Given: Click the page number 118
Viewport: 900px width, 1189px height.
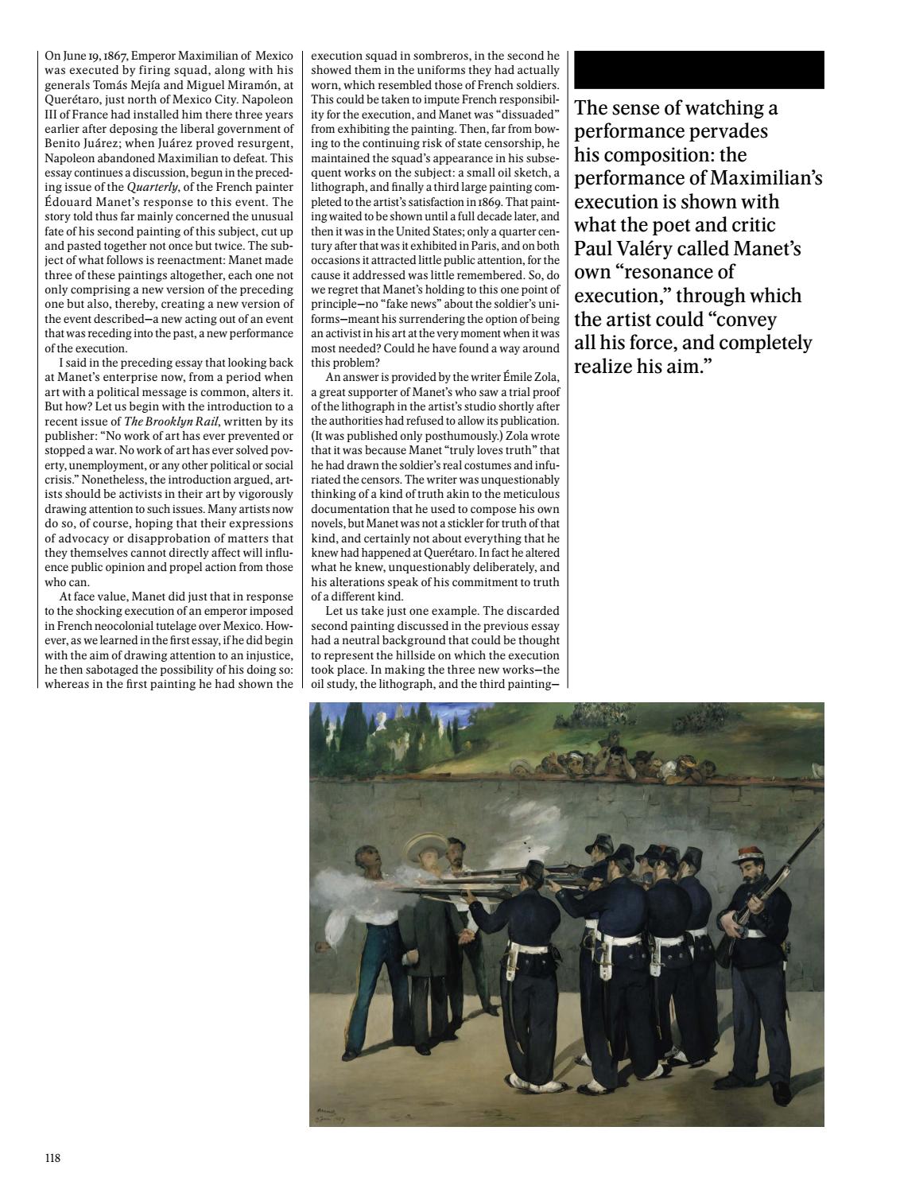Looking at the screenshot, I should [x=52, y=1158].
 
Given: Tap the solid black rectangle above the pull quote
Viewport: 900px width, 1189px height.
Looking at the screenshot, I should [x=698, y=69].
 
